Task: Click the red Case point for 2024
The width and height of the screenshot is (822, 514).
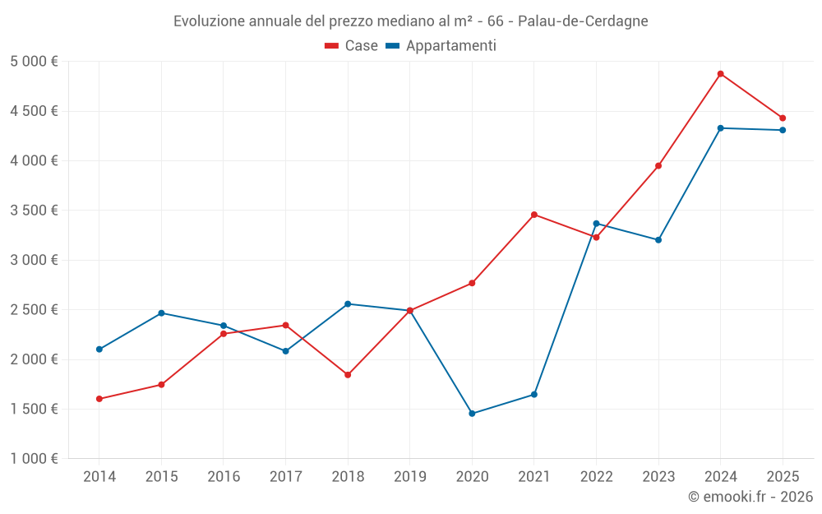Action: point(720,74)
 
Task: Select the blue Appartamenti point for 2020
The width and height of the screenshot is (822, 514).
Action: point(472,414)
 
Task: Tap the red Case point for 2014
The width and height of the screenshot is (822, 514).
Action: point(99,399)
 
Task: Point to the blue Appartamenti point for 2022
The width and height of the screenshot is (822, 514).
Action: point(596,224)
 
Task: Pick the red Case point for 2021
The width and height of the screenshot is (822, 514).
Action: point(533,215)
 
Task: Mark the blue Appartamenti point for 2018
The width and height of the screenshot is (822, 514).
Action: point(348,303)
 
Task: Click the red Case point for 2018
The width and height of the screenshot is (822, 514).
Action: point(348,374)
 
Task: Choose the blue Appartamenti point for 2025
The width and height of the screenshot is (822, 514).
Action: point(783,130)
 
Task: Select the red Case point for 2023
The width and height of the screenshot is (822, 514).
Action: point(658,166)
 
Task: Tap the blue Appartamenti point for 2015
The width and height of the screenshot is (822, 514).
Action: point(161,313)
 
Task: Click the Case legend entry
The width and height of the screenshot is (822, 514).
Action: point(351,45)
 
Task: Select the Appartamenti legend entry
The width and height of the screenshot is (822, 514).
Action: point(441,45)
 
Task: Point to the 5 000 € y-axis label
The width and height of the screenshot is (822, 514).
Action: point(34,62)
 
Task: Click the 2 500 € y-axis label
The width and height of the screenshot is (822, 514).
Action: point(34,309)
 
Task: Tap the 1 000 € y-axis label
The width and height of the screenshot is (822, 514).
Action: point(34,458)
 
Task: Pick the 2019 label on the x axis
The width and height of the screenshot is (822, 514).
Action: point(410,476)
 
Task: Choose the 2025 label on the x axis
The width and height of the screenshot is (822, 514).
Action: point(783,476)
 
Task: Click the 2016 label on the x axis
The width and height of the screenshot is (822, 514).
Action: point(224,476)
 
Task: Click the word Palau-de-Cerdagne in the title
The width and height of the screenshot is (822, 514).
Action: point(583,21)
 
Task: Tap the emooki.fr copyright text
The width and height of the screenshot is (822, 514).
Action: point(750,496)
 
